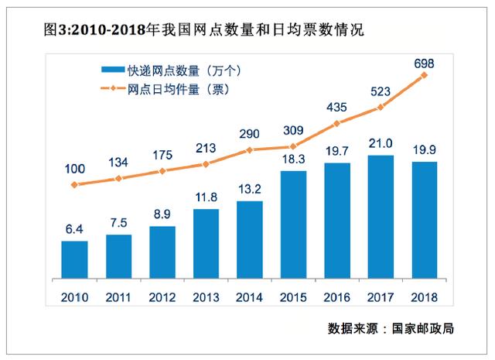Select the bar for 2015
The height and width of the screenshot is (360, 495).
(293, 225)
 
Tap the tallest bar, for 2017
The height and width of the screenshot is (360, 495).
(381, 218)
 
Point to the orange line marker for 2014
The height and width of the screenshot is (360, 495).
(249, 149)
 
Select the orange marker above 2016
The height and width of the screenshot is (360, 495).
(336, 123)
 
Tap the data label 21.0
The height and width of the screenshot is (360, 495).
(381, 144)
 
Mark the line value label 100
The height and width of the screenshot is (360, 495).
(74, 168)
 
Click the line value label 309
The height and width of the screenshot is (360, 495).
(293, 129)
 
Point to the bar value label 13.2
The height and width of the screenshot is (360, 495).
(249, 190)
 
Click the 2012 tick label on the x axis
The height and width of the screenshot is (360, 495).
(162, 297)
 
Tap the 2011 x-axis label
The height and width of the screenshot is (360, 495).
(118, 297)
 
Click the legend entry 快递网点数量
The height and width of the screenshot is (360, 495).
(174, 70)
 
